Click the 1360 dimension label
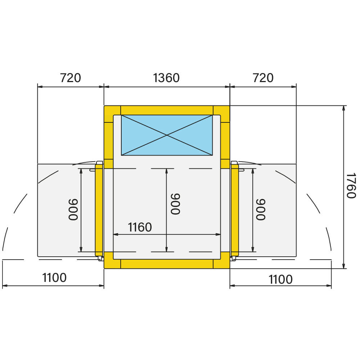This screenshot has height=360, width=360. tap(166, 78)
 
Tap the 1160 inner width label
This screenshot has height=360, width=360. tap(140, 227)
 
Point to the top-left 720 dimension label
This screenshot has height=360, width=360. tap(71, 78)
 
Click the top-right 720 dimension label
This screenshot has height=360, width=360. tap(263, 78)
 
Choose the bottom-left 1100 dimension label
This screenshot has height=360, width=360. tap(54, 278)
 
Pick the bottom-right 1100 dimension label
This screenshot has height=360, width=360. tap(280, 279)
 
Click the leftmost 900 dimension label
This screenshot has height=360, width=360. tap(73, 210)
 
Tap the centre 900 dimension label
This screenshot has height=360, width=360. tap(176, 204)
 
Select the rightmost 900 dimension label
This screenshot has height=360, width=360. tap(261, 210)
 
